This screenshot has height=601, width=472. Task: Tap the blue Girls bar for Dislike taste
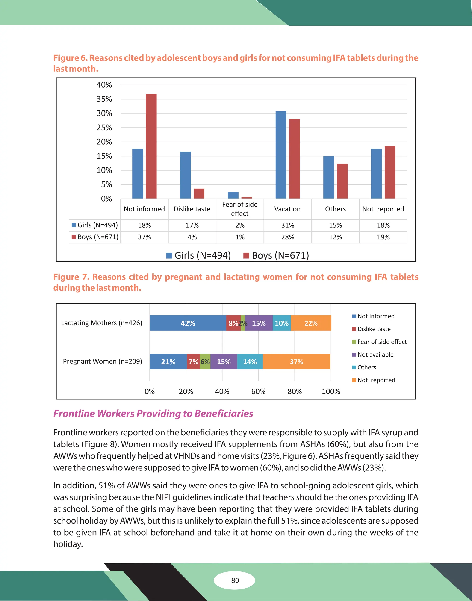(185, 175)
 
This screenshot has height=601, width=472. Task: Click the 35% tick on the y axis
(104, 99)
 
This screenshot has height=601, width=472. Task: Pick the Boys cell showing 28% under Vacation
(287, 237)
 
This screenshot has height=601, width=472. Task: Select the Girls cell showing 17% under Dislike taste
(192, 225)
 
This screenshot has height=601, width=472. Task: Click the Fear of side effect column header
(240, 209)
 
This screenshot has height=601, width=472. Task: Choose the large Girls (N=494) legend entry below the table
(199, 255)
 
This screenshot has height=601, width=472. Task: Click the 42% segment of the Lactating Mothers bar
(188, 323)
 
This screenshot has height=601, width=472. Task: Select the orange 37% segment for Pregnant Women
(296, 361)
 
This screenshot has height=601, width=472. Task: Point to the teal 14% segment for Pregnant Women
(250, 361)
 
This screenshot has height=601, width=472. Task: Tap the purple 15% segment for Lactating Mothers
(259, 323)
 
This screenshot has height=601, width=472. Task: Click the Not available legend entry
(375, 354)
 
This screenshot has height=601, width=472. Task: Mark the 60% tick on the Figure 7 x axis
(258, 391)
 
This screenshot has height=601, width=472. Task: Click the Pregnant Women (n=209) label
(102, 361)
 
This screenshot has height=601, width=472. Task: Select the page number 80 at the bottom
(235, 580)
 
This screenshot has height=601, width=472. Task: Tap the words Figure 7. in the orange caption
(71, 277)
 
